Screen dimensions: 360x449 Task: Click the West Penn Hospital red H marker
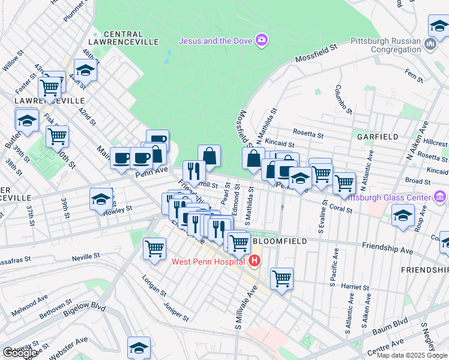coord(255,261)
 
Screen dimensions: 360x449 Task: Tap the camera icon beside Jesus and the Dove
coord(262,40)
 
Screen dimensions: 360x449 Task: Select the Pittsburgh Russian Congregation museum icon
coord(430,44)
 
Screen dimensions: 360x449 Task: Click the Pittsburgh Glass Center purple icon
coord(441,197)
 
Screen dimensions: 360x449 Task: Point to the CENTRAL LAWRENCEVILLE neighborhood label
coord(131,38)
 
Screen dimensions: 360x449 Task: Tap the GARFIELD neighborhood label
coord(377,137)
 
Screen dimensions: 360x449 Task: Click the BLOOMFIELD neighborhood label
coord(280,241)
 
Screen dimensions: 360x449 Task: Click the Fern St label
coord(414,75)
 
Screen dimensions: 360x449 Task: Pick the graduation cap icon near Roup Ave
coord(402,214)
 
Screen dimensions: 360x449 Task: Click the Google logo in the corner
coord(20,353)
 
